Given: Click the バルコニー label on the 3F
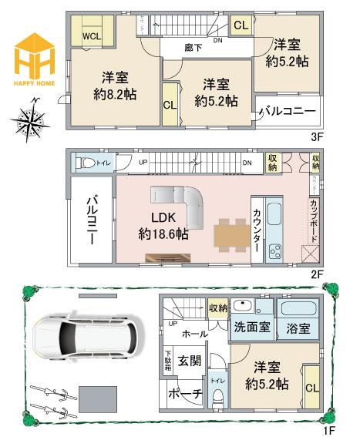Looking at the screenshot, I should tap(286, 112).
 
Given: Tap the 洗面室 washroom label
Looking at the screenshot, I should tap(252, 327).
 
